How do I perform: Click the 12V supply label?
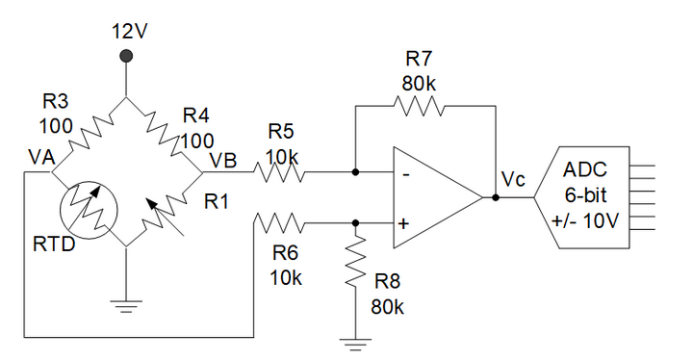128,30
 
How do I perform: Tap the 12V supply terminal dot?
128,59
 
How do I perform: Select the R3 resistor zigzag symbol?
89,136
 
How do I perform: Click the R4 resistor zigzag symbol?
165,136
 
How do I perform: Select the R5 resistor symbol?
280,173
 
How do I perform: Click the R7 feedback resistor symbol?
419,108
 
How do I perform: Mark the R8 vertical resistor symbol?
356,265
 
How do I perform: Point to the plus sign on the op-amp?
403,225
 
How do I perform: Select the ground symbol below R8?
356,343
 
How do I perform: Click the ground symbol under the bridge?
127,306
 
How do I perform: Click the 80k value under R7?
419,84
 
